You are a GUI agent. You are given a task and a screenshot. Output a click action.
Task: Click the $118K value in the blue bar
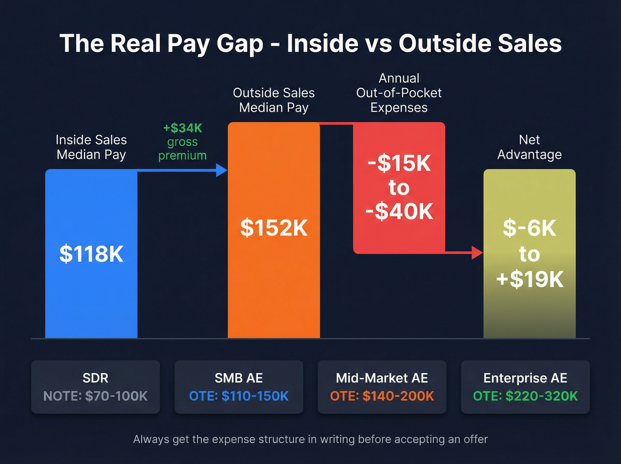(x=91, y=254)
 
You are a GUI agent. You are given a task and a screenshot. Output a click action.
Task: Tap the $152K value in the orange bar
(x=274, y=228)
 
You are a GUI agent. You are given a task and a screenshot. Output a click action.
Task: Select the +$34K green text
(x=182, y=128)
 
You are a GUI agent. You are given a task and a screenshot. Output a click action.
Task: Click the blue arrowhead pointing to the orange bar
(x=221, y=170)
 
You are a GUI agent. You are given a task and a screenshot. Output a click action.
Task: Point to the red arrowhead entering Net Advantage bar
(x=477, y=253)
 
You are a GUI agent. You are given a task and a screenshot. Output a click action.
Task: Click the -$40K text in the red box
(x=399, y=211)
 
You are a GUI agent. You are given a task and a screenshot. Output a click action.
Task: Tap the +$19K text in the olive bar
(x=530, y=279)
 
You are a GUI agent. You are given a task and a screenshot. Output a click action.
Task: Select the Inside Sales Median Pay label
(x=91, y=147)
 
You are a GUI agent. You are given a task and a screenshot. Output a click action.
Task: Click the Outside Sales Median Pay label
(x=274, y=100)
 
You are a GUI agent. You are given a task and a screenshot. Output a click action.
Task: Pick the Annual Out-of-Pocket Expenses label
(x=399, y=93)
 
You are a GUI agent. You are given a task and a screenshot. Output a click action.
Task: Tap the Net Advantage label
(x=529, y=147)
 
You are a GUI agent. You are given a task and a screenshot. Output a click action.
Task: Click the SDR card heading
(x=95, y=378)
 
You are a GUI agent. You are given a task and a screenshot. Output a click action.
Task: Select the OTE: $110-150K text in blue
(x=239, y=396)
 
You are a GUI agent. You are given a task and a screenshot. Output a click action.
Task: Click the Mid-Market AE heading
(x=382, y=378)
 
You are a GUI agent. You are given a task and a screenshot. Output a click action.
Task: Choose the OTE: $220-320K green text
(x=525, y=396)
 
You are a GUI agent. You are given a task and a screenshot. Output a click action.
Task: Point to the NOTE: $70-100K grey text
(x=95, y=396)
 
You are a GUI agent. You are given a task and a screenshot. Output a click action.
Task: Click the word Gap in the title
(x=240, y=44)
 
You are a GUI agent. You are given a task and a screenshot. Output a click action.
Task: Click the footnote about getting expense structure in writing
(x=310, y=439)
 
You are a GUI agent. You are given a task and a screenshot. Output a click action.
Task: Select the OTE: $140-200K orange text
(x=382, y=396)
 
